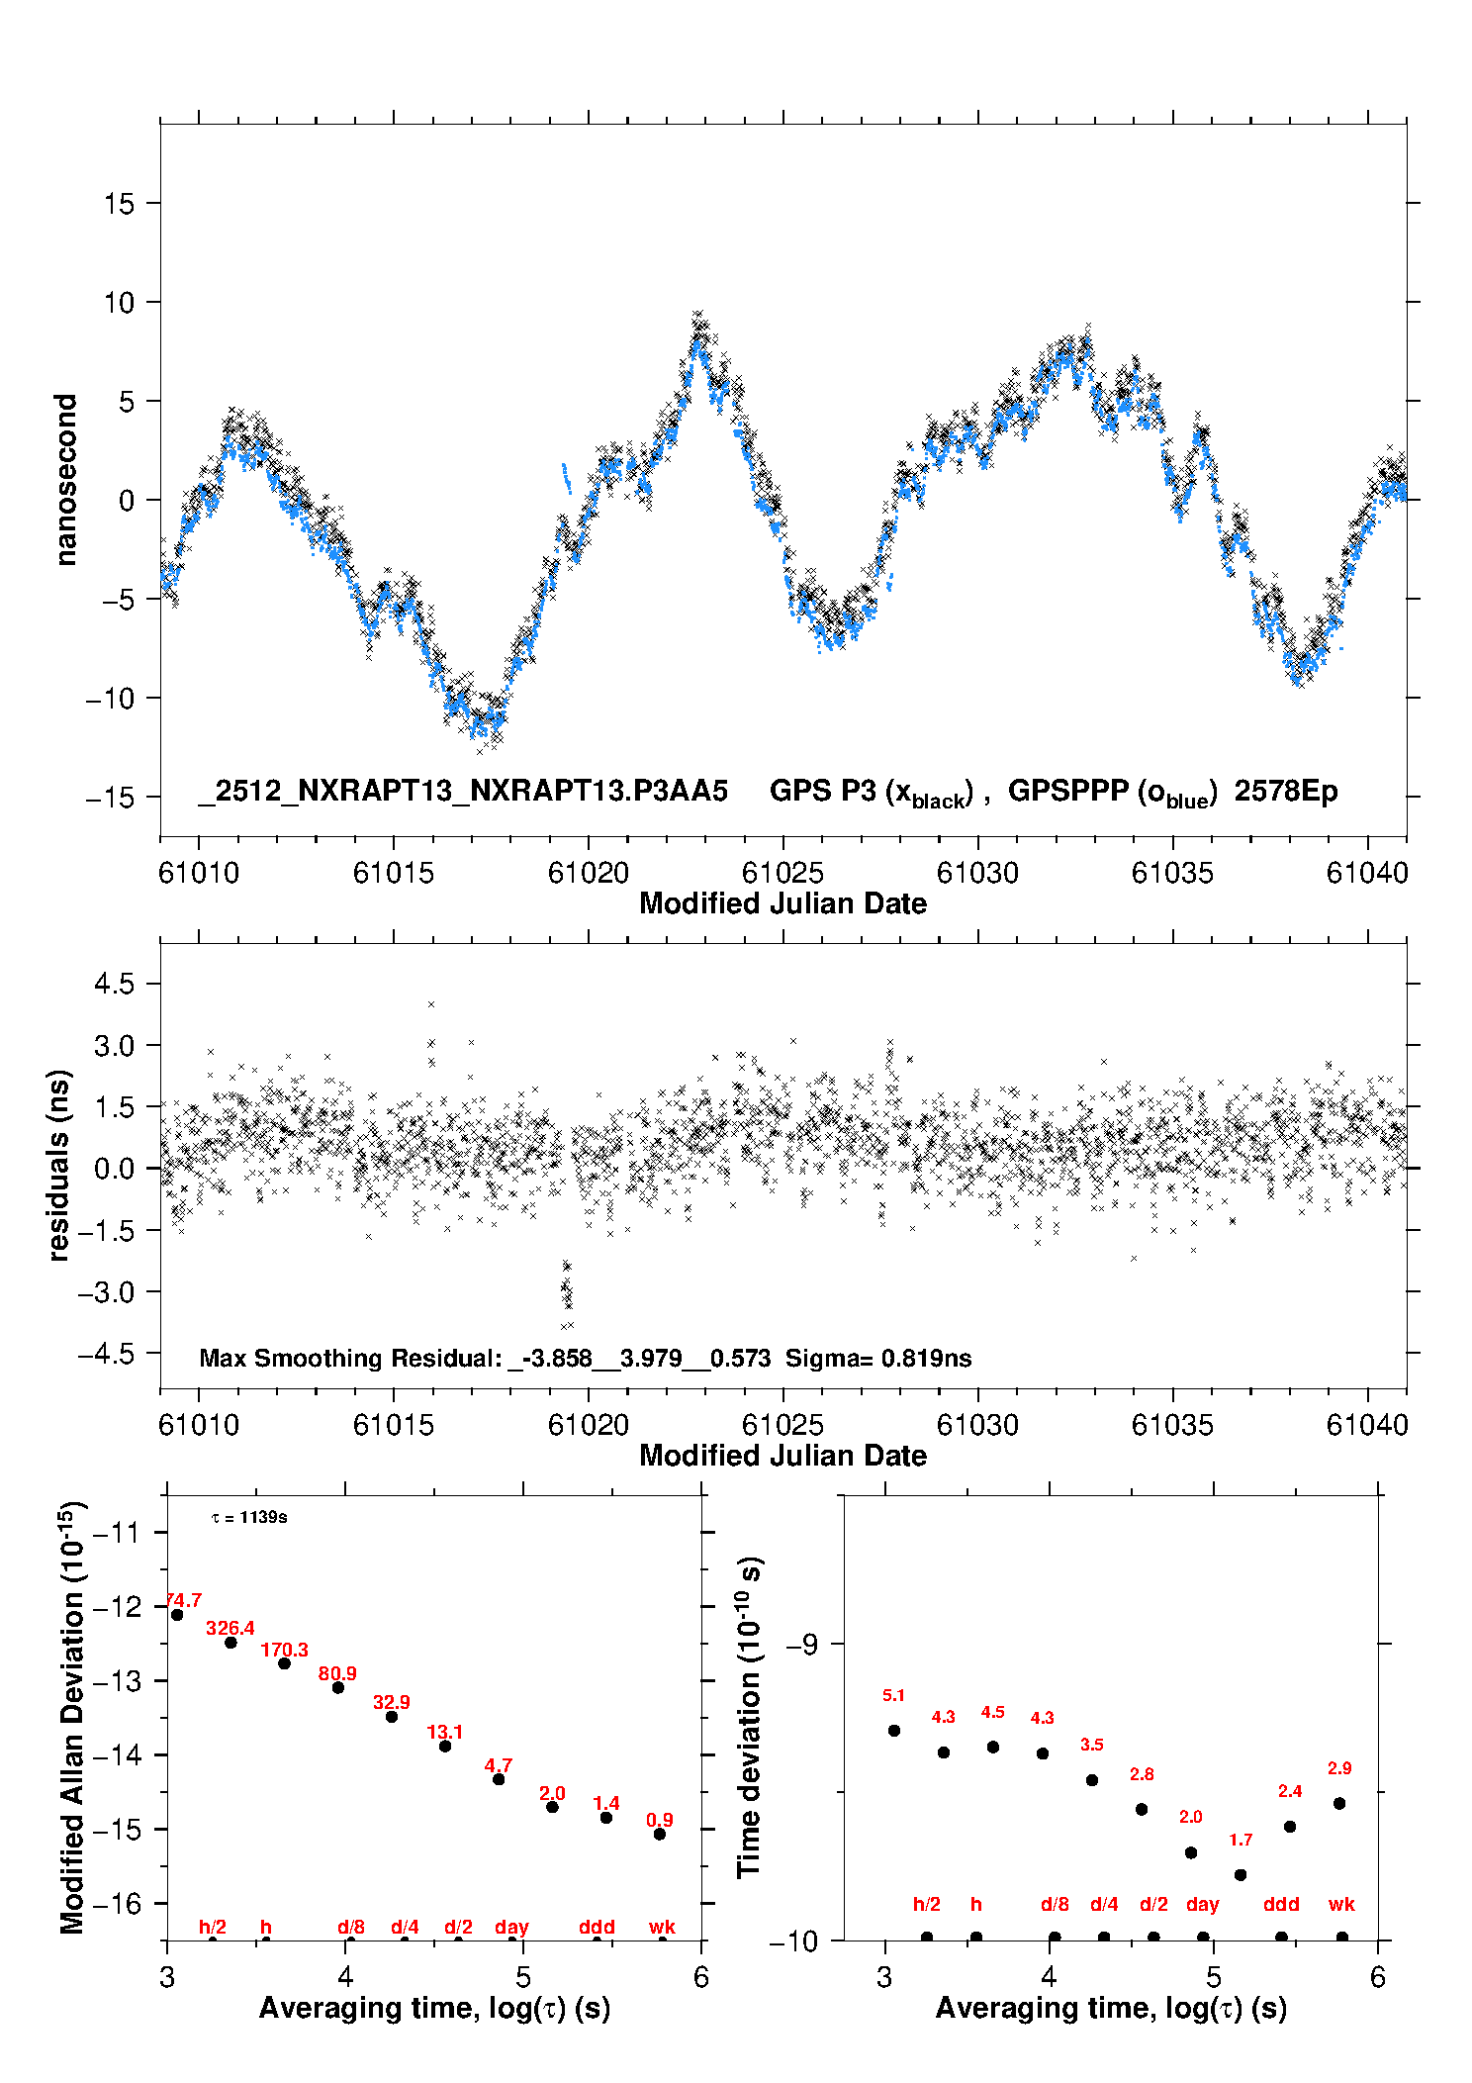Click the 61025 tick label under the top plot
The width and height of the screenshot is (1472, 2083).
(782, 873)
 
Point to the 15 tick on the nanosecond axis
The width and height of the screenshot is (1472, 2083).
(119, 204)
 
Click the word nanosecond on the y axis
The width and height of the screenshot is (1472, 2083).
(65, 480)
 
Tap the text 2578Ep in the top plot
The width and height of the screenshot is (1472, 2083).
(1285, 792)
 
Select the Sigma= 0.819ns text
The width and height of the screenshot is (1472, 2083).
(877, 1358)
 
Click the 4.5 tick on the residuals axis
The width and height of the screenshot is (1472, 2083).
(114, 984)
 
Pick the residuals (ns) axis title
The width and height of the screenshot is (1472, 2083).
(59, 1165)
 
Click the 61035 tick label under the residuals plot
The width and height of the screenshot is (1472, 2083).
(1172, 1425)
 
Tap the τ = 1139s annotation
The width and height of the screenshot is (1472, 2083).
(249, 1517)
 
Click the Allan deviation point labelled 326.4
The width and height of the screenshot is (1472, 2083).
(230, 1643)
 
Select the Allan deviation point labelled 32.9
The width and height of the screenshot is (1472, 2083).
(392, 1717)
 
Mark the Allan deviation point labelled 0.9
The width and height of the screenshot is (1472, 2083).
(660, 1834)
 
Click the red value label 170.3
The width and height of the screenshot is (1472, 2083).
(284, 1650)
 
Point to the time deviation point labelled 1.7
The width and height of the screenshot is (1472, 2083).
(1241, 1874)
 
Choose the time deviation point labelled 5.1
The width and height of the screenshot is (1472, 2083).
(894, 1731)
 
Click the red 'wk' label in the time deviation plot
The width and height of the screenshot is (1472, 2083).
(1341, 1904)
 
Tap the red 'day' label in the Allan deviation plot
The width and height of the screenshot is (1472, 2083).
(511, 1927)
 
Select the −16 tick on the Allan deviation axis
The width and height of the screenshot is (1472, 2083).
(118, 1903)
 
